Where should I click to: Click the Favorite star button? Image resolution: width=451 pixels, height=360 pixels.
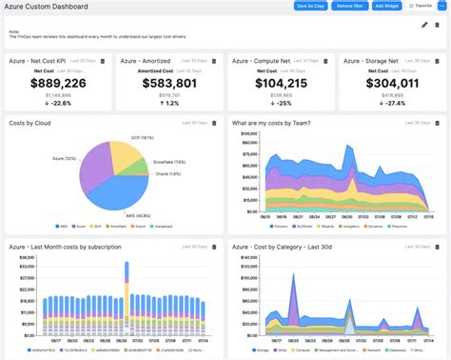click(420, 6)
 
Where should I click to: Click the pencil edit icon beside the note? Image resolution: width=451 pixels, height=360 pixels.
click(424, 25)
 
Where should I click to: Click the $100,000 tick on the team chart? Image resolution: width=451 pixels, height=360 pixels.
click(245, 134)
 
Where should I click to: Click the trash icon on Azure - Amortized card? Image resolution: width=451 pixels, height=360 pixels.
click(214, 61)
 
